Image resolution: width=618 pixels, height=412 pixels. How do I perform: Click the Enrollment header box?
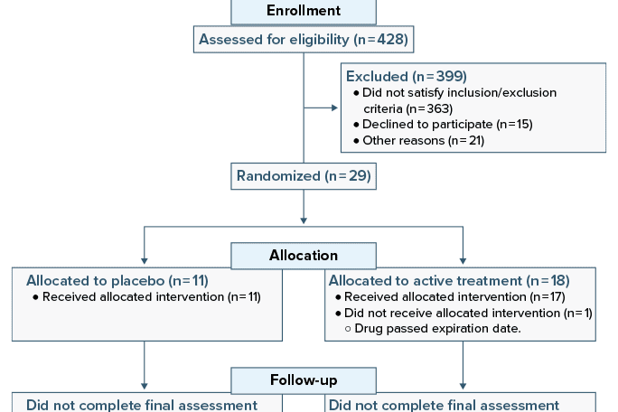pos(304,12)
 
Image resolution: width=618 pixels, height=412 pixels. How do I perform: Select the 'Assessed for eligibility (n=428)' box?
pos(303,39)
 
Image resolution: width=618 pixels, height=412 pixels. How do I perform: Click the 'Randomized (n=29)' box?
pos(304,175)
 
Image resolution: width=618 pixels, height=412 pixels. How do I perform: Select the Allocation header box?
pos(304,256)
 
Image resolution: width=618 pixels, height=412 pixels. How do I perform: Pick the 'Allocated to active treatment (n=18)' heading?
pos(449,280)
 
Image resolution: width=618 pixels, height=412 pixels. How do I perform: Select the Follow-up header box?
pos(304,379)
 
